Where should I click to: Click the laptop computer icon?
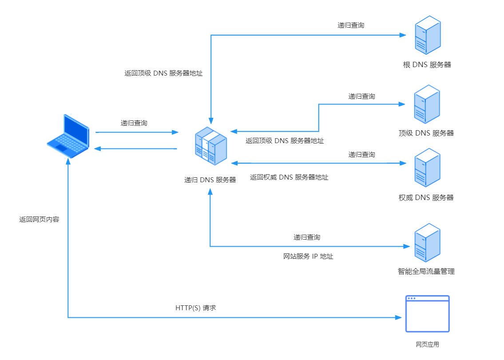tap(68, 136)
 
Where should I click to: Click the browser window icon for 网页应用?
tap(427, 314)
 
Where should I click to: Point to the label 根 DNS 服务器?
tap(427, 65)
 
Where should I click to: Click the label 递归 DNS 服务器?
tap(210, 180)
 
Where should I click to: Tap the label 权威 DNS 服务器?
tap(426, 198)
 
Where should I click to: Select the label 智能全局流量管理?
tap(426, 271)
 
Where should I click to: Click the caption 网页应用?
tap(427, 344)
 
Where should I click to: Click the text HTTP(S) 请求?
tap(196, 308)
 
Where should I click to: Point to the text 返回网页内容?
tap(39, 220)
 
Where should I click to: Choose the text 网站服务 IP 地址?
tap(308, 256)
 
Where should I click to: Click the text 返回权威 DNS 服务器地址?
tap(289, 177)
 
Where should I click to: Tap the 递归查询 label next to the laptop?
tap(134, 123)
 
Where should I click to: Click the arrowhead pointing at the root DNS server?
tap(403, 35)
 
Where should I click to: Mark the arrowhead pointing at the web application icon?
tap(398, 317)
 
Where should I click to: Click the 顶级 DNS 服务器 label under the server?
tap(426, 133)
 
